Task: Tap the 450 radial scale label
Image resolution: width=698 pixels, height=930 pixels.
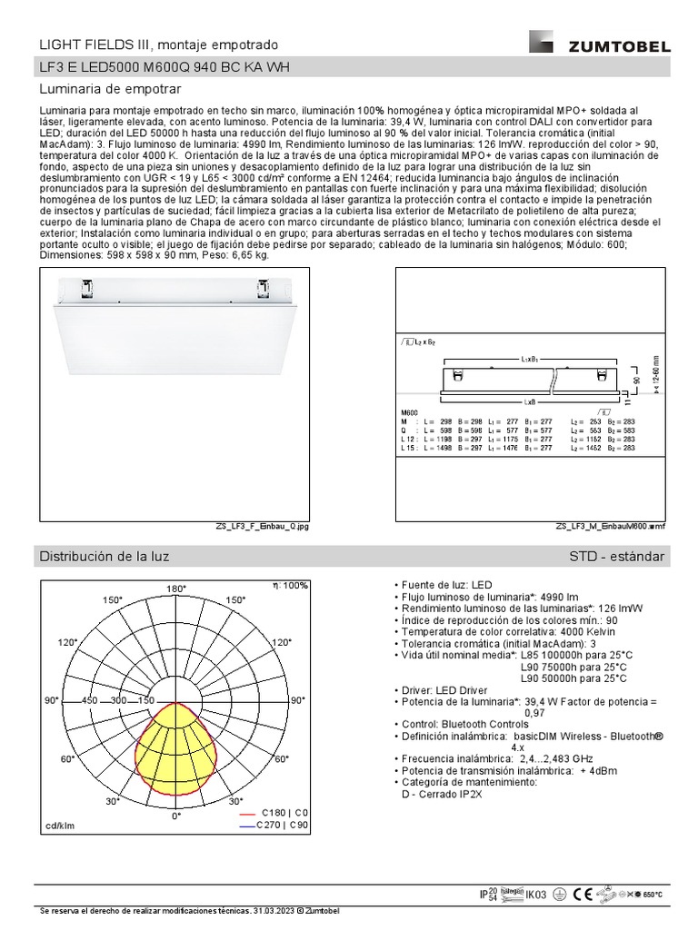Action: (89, 701)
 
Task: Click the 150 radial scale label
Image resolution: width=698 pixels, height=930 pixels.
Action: (145, 701)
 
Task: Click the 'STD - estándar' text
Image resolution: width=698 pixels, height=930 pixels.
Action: (616, 556)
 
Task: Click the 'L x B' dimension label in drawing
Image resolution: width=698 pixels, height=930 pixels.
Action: (529, 400)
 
